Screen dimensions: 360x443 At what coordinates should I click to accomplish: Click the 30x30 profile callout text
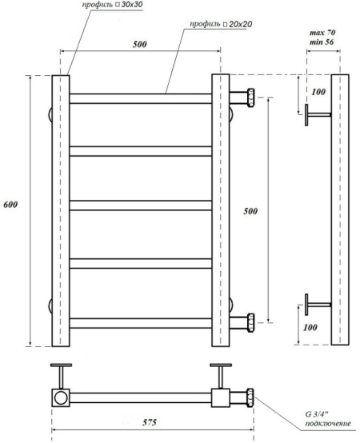point(112,5)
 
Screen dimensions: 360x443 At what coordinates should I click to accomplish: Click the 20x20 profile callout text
point(221,24)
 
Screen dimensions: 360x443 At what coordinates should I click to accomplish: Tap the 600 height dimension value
point(10,205)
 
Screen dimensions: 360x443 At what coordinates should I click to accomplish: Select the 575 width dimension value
point(149,422)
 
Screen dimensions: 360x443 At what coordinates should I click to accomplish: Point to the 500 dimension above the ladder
point(139,44)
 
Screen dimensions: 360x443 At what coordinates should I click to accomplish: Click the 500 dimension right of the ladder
point(250,211)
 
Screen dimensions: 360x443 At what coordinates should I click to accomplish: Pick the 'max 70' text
point(322,33)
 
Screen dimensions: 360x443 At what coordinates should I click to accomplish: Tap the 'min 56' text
point(322,42)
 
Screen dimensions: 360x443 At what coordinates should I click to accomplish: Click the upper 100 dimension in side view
point(318,92)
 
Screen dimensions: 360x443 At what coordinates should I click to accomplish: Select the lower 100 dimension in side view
point(310,327)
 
